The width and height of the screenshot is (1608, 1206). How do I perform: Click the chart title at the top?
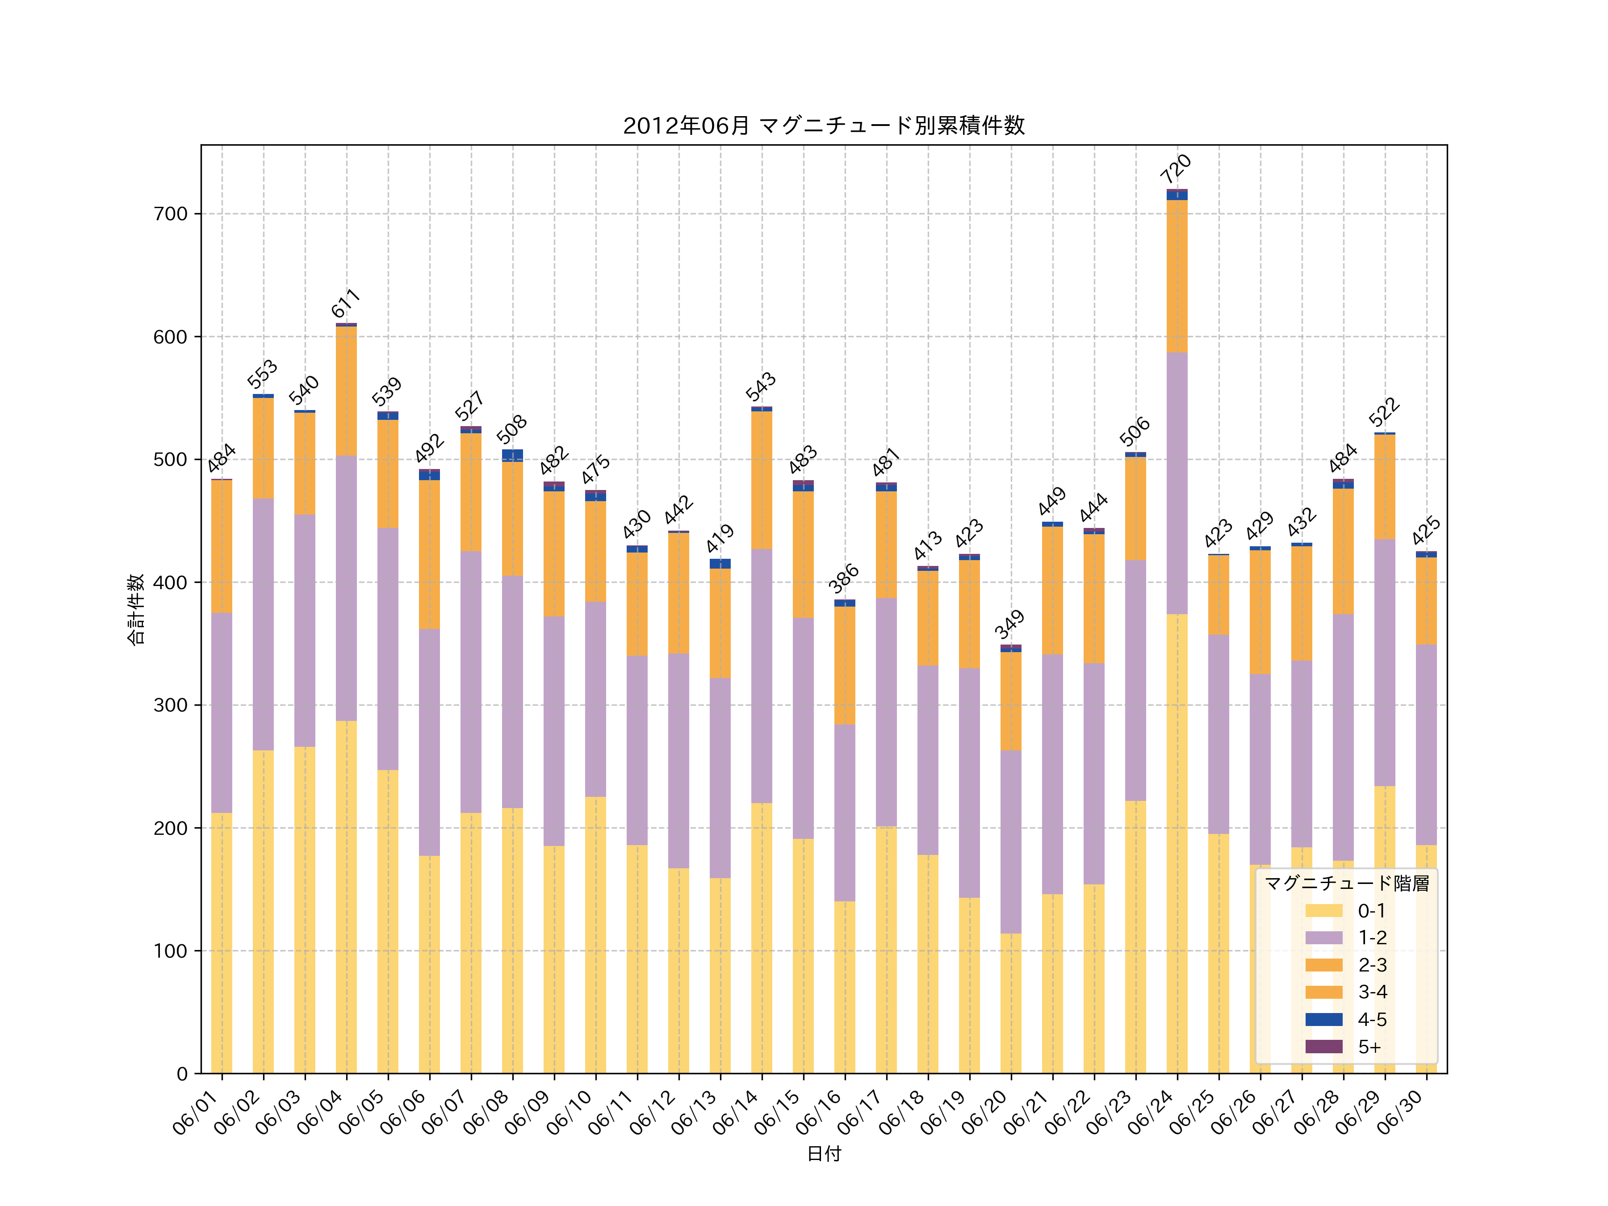click(824, 126)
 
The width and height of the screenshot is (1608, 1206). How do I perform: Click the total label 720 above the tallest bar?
click(1176, 169)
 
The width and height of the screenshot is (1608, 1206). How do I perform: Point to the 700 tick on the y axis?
click(171, 214)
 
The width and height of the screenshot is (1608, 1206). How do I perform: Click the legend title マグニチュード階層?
click(1346, 883)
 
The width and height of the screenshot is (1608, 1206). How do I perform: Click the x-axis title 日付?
click(824, 1154)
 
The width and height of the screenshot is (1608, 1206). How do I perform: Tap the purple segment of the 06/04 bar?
click(346, 589)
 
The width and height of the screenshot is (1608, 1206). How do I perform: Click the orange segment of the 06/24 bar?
click(1177, 276)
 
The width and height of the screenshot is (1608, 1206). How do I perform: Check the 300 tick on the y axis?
click(171, 705)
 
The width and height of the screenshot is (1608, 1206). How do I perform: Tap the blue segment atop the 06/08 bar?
click(512, 455)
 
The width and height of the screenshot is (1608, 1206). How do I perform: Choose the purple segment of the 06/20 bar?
click(1010, 841)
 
